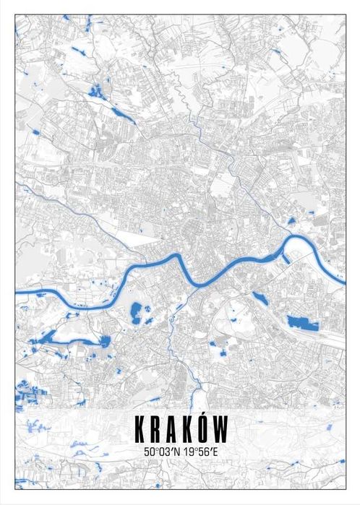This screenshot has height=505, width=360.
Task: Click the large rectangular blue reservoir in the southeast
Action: coord(302,322)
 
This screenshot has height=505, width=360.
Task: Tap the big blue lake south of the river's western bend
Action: coord(135,314)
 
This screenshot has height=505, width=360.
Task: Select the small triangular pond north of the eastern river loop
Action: coord(291,220)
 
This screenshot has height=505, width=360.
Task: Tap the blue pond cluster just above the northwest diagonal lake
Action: coord(95,90)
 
